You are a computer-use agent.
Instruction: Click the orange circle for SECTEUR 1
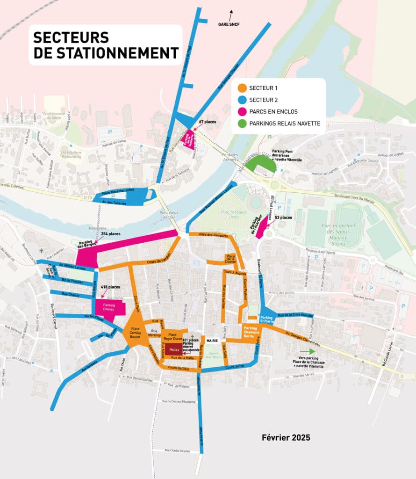click(x=243, y=87)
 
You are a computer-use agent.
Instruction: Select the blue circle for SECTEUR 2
click(x=243, y=100)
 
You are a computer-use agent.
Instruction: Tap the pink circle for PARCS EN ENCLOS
click(x=243, y=112)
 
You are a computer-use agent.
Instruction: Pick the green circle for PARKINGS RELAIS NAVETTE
click(x=243, y=123)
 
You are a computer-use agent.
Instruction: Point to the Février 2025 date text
click(x=286, y=438)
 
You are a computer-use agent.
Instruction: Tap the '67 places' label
click(x=207, y=122)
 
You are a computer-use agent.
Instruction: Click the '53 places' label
click(x=283, y=218)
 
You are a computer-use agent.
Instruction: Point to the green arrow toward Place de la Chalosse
click(x=307, y=351)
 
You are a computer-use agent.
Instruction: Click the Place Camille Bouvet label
click(x=135, y=332)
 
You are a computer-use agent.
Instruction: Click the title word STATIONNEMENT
click(x=106, y=53)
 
